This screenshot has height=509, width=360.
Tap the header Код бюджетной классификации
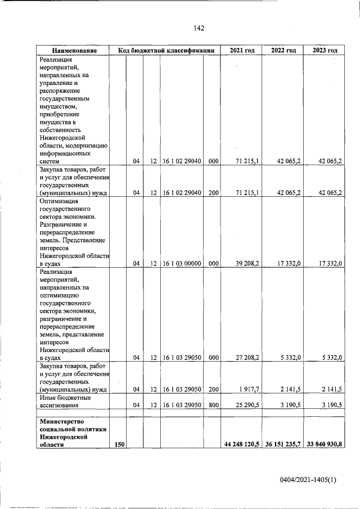click(166, 51)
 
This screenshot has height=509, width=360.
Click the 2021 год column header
click(242, 51)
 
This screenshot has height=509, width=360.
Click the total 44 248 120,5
click(241, 444)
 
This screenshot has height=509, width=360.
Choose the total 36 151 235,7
click(283, 444)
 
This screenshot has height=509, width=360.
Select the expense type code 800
click(213, 404)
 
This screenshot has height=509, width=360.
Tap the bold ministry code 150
click(119, 444)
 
